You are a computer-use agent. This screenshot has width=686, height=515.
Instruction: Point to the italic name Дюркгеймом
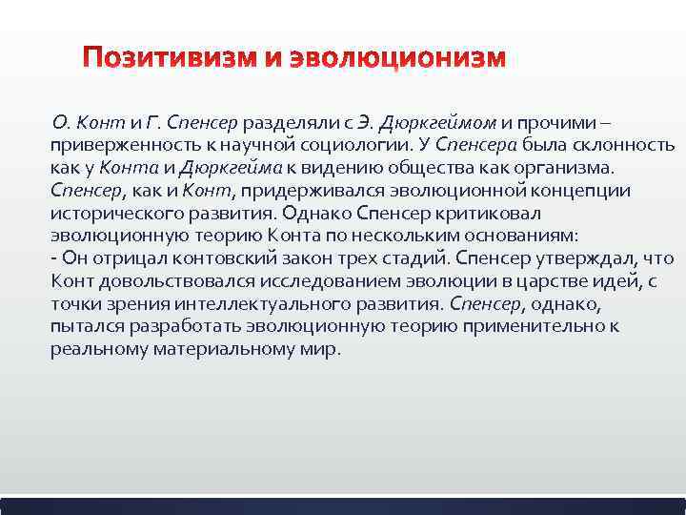[x=439, y=123]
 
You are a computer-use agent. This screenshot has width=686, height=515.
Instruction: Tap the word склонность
[x=628, y=145]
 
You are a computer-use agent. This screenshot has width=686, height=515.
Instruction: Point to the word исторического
[x=110, y=214]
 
